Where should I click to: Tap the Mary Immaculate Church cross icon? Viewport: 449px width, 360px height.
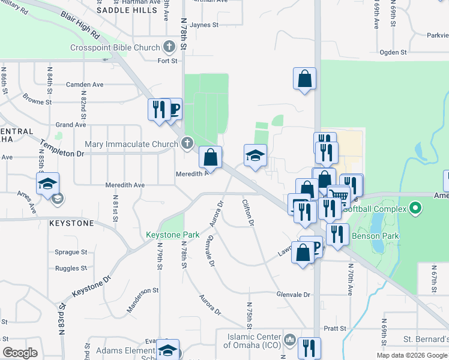(188, 143)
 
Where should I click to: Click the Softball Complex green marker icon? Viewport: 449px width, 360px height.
(414, 209)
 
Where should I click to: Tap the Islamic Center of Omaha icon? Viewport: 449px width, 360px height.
(290, 340)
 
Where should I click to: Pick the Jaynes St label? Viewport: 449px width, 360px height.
(203, 25)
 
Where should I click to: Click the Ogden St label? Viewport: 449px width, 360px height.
(393, 52)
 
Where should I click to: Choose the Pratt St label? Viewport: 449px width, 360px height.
(335, 329)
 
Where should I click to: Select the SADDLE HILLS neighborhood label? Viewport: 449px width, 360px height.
(127, 10)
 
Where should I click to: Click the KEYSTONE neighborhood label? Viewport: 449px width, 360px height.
(72, 223)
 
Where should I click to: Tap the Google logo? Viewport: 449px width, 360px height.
(20, 353)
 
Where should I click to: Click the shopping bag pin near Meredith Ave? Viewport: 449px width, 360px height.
(210, 158)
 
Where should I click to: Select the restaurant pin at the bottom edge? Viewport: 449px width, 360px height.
(309, 347)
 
